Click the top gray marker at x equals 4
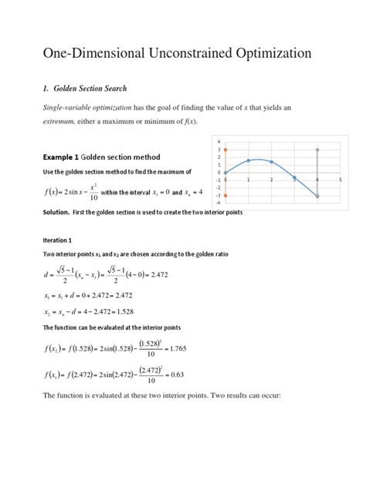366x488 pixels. (317, 149)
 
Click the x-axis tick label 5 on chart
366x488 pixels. (340, 178)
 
